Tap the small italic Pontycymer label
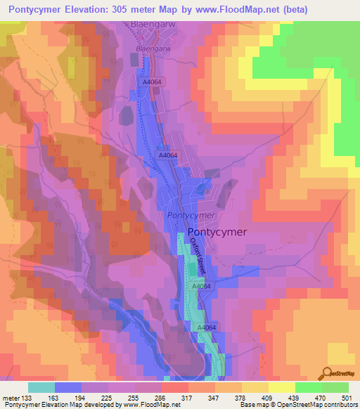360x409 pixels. (x=191, y=215)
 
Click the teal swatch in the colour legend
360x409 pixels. (x=41, y=387)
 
